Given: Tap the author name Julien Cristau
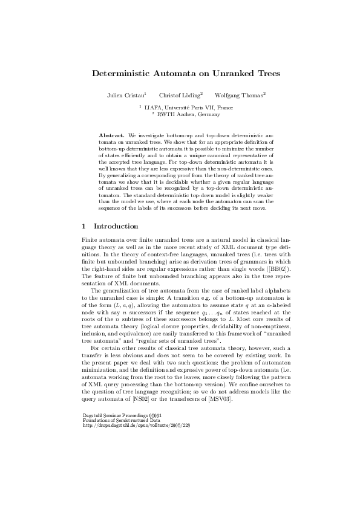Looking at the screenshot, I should [x=125, y=95].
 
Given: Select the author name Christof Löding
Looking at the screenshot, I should [x=180, y=95].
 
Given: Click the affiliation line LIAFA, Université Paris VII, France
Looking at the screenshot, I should [x=180, y=106].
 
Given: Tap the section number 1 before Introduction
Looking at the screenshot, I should [x=83, y=226].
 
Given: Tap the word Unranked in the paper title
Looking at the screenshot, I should [x=220, y=73].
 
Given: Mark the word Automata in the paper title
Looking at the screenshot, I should [x=168, y=73].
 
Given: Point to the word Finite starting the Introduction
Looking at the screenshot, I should [x=90, y=239].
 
